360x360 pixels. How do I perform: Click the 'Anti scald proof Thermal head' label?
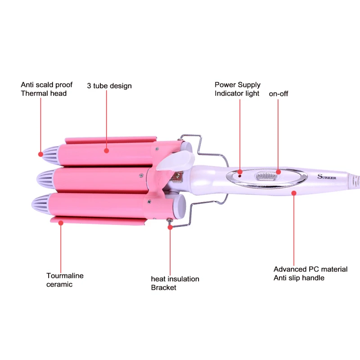[x=44, y=89]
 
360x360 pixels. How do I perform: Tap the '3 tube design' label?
[x=109, y=85]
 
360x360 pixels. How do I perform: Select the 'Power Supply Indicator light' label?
[x=237, y=89]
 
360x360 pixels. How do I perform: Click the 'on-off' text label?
[x=278, y=94]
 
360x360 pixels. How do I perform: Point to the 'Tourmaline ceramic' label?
[x=65, y=280]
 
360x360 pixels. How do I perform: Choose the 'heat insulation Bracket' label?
[x=175, y=283]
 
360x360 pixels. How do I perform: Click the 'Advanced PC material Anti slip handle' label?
[x=310, y=273]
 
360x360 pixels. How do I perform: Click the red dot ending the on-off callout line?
[x=279, y=171]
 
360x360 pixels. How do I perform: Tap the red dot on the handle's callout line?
[x=294, y=193]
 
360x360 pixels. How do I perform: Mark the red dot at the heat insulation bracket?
[x=170, y=227]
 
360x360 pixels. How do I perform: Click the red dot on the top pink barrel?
[x=107, y=151]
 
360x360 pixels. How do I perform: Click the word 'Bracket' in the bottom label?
[x=164, y=288]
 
